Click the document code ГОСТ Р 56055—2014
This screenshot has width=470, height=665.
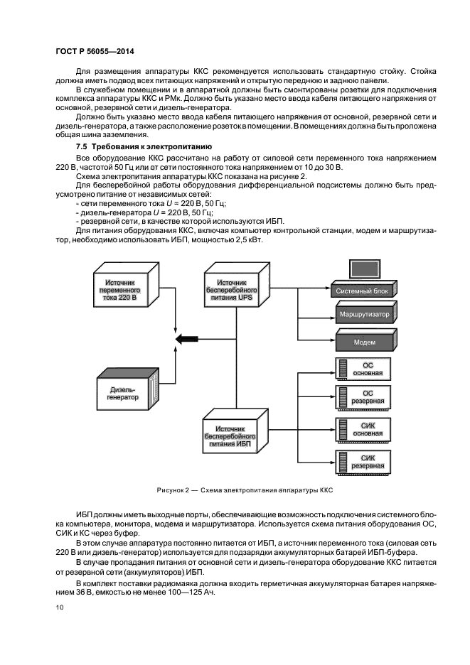(x=95, y=51)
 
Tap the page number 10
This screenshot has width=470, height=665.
(x=59, y=607)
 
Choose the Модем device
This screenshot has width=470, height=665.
(x=365, y=342)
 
